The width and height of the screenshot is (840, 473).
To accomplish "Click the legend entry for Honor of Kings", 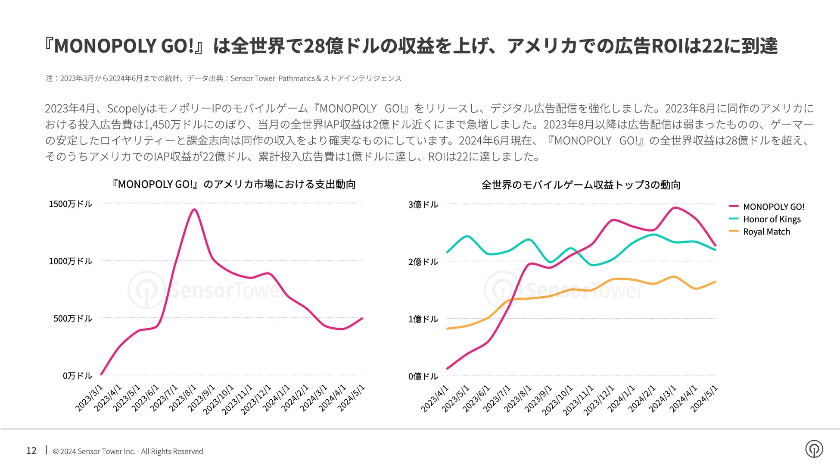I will [771, 219].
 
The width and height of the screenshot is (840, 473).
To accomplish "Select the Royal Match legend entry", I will [766, 232].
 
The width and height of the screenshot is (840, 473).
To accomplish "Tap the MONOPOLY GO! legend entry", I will [773, 207].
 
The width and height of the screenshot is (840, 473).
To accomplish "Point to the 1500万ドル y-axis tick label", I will [71, 204].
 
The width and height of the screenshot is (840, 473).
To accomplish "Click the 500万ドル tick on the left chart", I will [73, 319].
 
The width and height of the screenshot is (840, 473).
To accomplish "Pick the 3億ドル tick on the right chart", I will [423, 204].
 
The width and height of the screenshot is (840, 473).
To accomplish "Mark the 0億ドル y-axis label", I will [423, 376].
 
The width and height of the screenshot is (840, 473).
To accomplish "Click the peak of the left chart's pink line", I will [194, 210].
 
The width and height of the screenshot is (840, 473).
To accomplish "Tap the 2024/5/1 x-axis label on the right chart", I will [704, 399].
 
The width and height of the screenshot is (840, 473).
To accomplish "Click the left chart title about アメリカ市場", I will [233, 184].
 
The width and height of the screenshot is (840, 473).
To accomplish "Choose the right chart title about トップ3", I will [581, 185].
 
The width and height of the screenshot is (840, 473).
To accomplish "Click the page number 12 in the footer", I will [31, 451].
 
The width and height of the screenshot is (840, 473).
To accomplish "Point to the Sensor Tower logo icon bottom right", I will [814, 449].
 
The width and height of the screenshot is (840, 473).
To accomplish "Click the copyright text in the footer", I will [128, 451].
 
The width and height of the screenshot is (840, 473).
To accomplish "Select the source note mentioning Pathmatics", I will [224, 78].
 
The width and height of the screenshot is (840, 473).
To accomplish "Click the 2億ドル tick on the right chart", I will [423, 262].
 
